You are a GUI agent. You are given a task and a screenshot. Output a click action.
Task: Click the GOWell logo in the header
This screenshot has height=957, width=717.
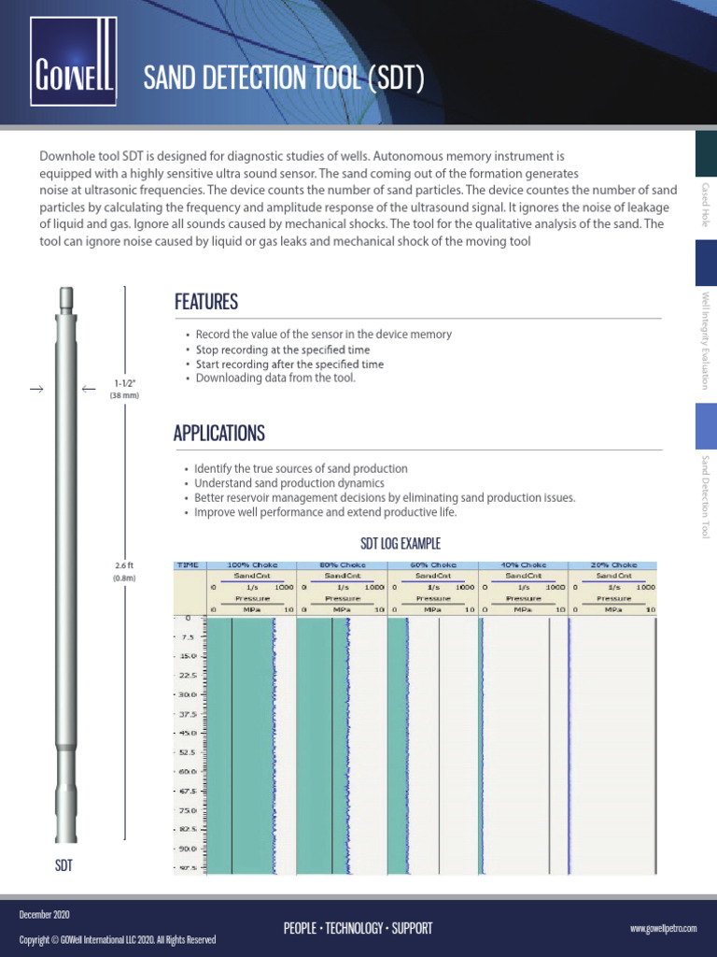[74, 63]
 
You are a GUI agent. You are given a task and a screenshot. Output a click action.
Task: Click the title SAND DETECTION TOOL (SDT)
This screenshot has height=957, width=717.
[284, 79]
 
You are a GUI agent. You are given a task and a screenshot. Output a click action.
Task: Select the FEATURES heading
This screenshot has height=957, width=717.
[205, 302]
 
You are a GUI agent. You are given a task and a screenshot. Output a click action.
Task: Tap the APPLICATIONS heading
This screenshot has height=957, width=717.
[218, 433]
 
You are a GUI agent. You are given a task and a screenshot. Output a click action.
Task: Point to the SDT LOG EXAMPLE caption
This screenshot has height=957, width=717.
[401, 544]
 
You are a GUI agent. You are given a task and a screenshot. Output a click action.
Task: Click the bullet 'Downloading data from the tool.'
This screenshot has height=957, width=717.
[275, 378]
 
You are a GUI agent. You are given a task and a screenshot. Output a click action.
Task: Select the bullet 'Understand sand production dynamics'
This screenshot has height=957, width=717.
[288, 483]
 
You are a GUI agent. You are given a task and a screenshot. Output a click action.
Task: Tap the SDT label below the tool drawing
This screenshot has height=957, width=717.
[63, 866]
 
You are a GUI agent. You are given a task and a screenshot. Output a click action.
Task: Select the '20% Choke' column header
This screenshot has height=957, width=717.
[613, 564]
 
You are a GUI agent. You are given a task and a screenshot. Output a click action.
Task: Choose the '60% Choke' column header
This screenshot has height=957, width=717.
[431, 564]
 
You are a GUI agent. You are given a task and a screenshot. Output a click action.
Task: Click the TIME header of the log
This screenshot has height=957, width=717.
[188, 564]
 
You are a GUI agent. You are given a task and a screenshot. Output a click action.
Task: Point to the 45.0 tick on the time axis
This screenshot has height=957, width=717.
[187, 733]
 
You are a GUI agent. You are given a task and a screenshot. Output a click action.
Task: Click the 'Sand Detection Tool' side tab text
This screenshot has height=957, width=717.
[706, 497]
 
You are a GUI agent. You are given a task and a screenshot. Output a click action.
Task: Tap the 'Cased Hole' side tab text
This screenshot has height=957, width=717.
[706, 207]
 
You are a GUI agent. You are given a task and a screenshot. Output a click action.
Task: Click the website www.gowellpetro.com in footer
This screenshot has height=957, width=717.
[664, 928]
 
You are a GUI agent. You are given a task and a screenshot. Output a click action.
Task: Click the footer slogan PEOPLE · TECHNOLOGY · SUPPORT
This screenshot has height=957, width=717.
[358, 928]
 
